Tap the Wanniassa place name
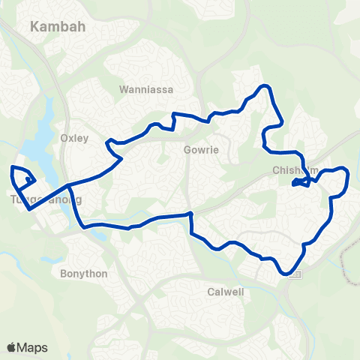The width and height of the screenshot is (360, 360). (146, 90)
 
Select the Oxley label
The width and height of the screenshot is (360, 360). (73, 138)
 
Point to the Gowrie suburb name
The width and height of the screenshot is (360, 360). (201, 149)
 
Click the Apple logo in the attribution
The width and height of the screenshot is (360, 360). (12, 347)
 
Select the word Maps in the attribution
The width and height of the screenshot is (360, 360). (32, 347)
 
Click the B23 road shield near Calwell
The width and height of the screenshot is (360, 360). (296, 274)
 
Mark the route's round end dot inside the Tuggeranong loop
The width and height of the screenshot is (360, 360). (28, 180)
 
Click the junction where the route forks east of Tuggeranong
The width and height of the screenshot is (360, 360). (68, 185)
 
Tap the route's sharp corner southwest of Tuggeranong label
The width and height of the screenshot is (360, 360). (29, 210)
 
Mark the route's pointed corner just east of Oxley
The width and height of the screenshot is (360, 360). (120, 159)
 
